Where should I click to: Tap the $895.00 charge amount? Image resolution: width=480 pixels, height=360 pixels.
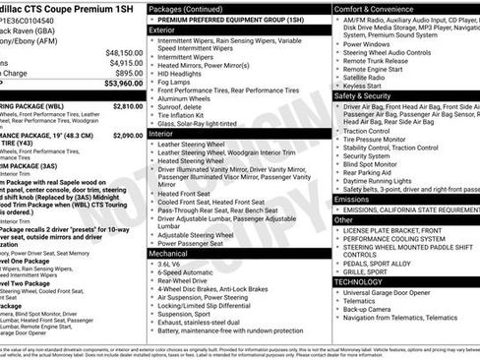coord(129,73)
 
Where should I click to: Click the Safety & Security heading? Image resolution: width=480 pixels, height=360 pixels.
coord(364,96)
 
